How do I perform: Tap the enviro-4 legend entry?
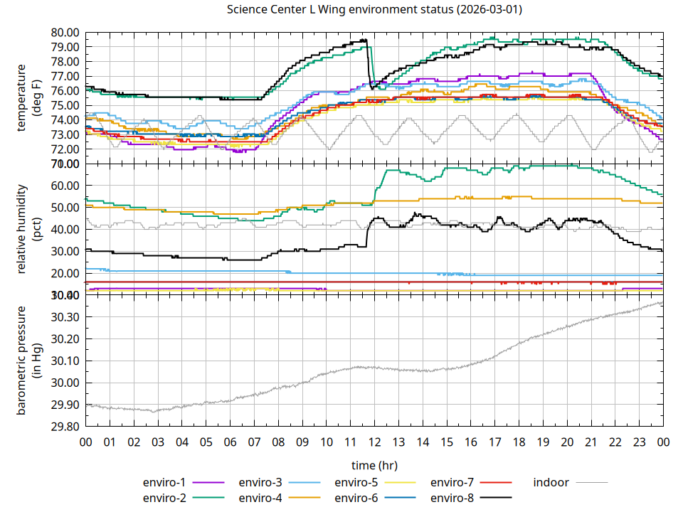tap(260, 497)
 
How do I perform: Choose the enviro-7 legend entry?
tap(452, 482)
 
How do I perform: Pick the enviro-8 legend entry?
tap(452, 497)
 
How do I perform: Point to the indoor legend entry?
tap(551, 482)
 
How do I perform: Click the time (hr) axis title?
tap(374, 465)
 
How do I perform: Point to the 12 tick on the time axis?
tap(374, 442)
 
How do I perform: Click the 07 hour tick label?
tap(254, 442)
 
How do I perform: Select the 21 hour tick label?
tap(591, 442)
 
